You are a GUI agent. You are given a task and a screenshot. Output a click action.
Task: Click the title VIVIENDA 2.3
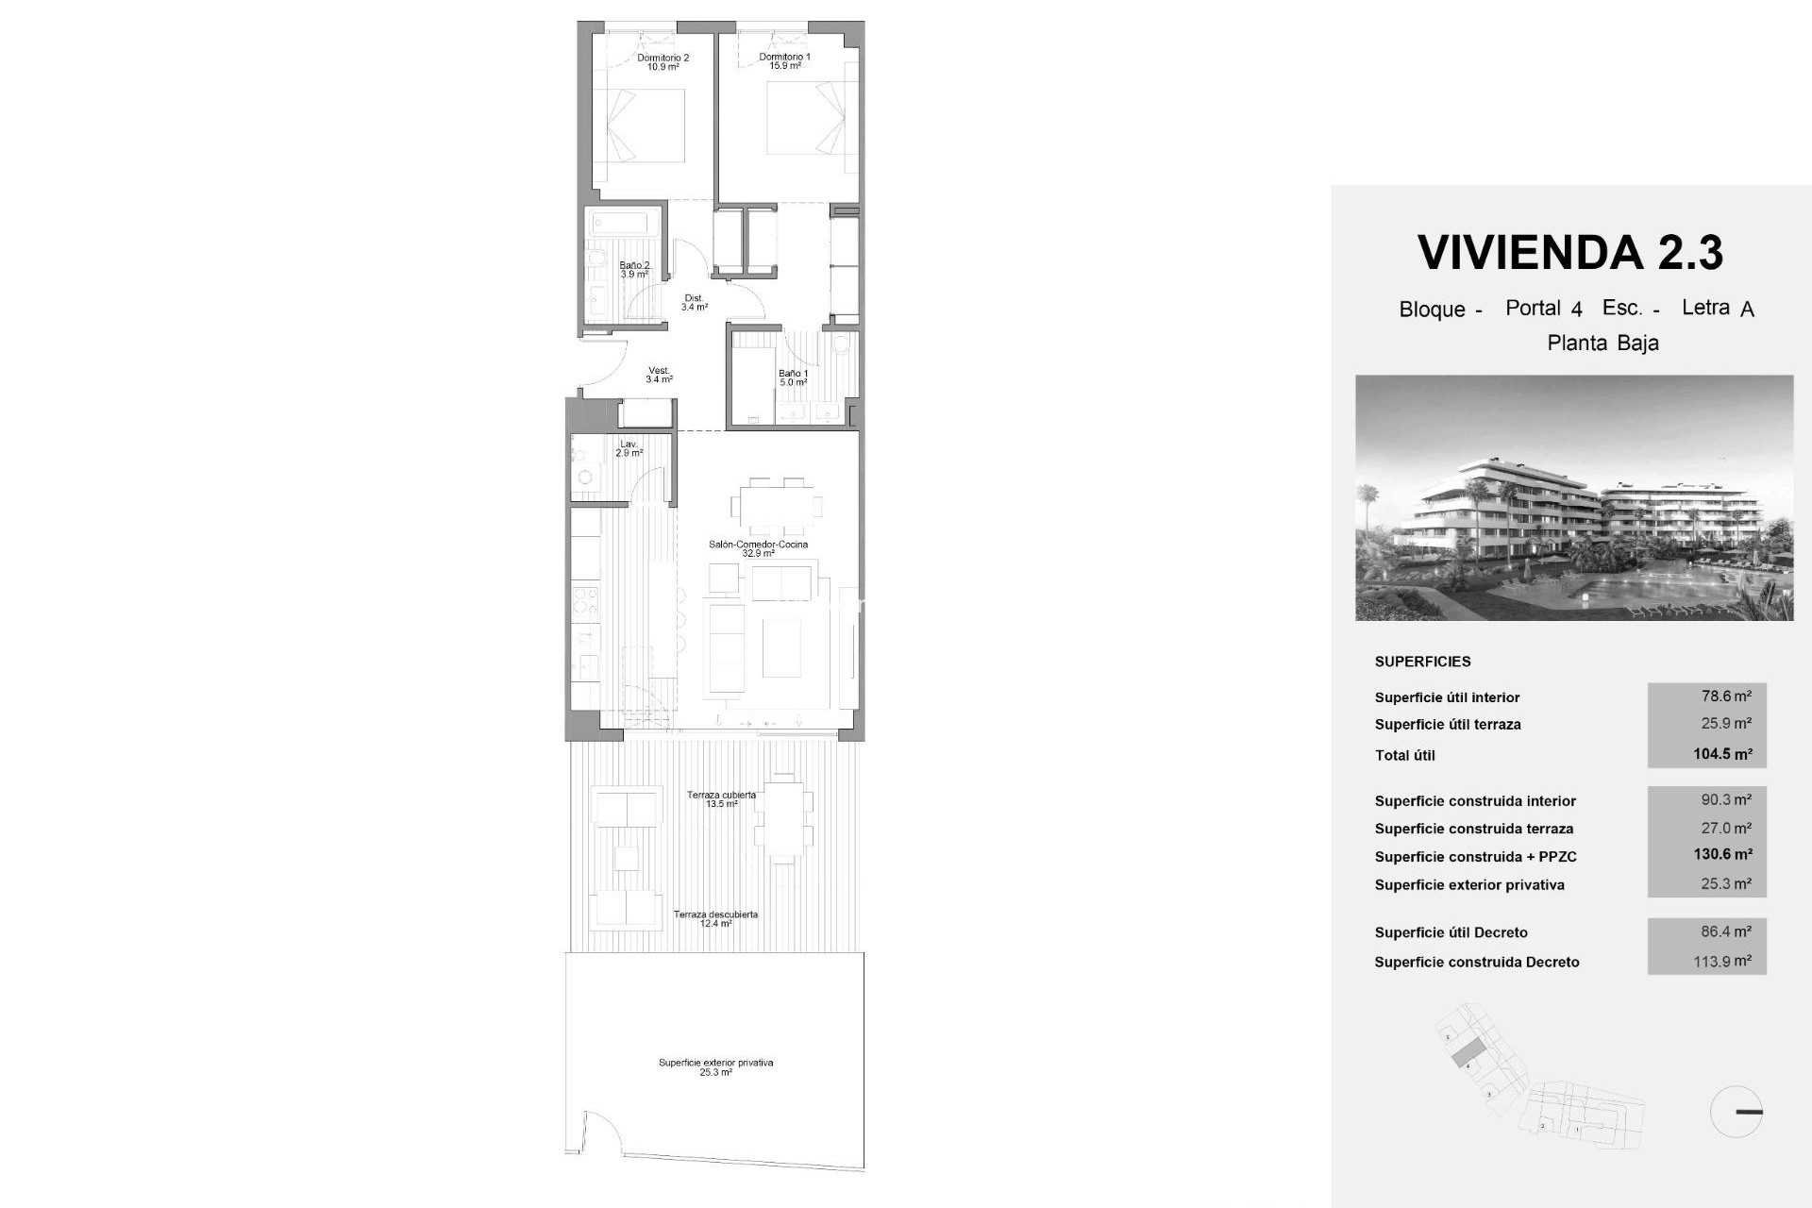tap(1570, 253)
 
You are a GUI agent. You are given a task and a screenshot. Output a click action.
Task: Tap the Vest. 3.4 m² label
tap(659, 375)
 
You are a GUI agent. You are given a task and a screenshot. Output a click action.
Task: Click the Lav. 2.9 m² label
tap(629, 448)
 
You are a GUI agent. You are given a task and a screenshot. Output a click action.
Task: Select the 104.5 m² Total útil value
tap(1722, 754)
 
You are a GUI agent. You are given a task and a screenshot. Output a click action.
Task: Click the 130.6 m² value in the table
tap(1722, 855)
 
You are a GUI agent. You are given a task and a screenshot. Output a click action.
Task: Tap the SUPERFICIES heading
tap(1422, 662)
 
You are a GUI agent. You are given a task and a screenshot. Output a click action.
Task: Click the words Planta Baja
tap(1602, 344)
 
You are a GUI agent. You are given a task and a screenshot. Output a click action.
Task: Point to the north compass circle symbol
tap(1736, 1112)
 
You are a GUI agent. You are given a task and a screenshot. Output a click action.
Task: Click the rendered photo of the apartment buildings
tap(1574, 497)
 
